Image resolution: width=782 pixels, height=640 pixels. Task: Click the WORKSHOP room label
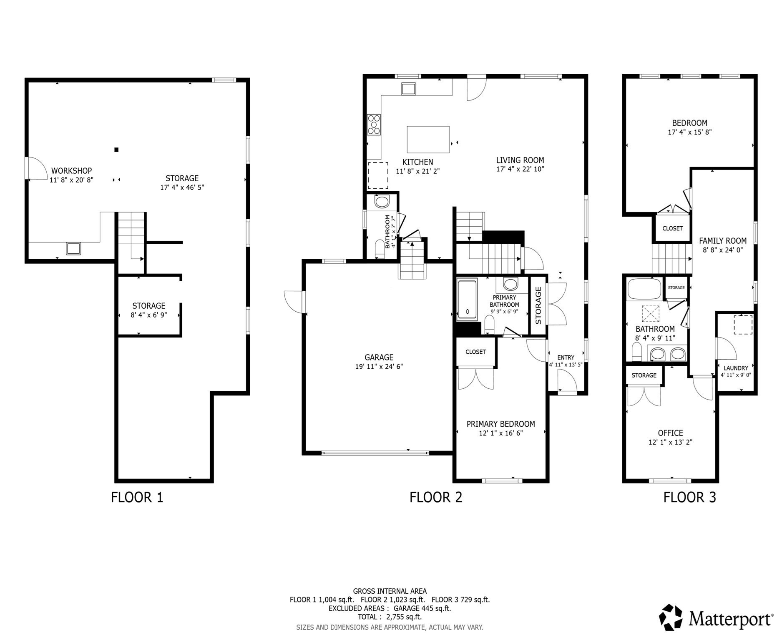tap(71, 171)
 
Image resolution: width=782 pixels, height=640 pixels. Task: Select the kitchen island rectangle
tap(428, 140)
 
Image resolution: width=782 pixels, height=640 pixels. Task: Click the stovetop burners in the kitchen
tap(374, 125)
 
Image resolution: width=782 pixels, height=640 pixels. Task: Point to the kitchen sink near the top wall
tap(408, 89)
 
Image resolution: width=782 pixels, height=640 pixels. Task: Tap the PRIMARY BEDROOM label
tap(500, 424)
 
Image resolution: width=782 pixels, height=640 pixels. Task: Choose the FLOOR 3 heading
tap(689, 497)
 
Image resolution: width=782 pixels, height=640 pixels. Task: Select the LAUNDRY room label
tap(736, 368)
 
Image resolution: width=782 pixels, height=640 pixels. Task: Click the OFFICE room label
tap(670, 433)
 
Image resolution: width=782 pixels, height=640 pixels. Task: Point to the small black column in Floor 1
tap(117, 150)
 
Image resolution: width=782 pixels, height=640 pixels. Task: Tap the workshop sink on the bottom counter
tap(74, 249)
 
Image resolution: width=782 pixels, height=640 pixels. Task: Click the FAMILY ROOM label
tap(723, 241)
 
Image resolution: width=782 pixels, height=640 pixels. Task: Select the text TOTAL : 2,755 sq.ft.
tap(390, 617)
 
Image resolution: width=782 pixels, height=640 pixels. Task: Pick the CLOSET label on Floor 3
tap(672, 229)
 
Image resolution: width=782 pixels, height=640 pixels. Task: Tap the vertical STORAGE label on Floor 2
tap(538, 305)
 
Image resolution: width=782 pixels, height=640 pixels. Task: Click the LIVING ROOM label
tap(520, 160)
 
